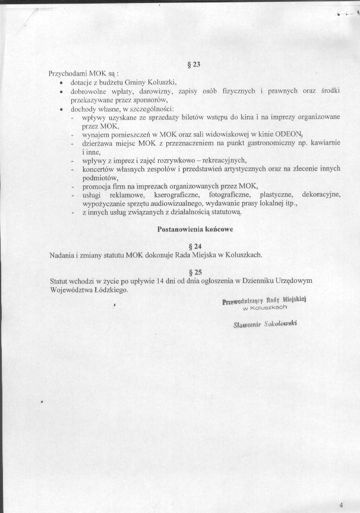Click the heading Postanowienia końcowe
tap(194, 228)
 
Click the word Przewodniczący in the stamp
tap(242, 301)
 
